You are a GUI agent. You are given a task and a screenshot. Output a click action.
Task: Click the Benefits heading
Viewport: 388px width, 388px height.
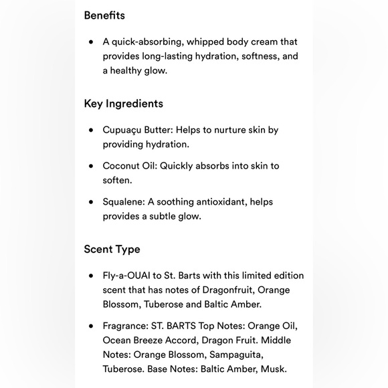pos(104,15)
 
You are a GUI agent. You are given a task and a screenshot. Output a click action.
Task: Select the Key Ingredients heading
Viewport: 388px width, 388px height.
pos(124,104)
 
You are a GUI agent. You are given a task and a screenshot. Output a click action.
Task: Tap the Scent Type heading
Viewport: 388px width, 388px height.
pos(112,250)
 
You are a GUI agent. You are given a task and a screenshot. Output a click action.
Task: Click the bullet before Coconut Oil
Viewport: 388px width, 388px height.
pos(91,166)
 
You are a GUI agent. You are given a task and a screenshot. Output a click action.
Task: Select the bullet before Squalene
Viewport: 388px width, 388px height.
pos(91,202)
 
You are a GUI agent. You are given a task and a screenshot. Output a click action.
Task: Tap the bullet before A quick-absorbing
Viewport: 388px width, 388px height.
pos(91,41)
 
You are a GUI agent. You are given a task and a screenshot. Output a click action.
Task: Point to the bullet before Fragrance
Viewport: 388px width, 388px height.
pos(91,326)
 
